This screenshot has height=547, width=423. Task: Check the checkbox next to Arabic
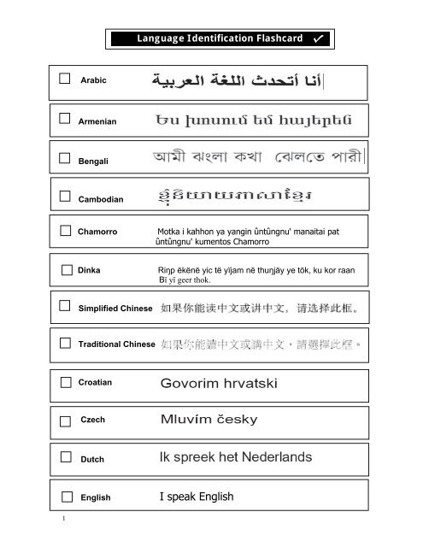(65, 79)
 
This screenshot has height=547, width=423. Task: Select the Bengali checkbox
(65, 157)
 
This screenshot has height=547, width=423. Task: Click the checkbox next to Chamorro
(66, 231)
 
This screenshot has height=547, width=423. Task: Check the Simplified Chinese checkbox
(66, 305)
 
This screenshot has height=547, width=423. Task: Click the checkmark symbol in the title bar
(318, 39)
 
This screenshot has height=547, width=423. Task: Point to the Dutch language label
(91, 459)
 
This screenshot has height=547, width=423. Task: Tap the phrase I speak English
(197, 497)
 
